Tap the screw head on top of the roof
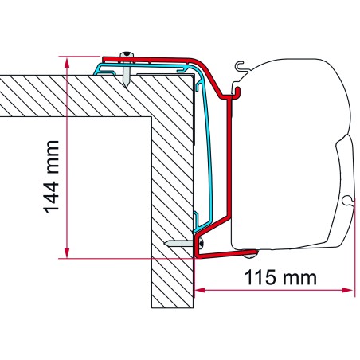click(x=126, y=56)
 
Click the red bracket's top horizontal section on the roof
click(x=159, y=60)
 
